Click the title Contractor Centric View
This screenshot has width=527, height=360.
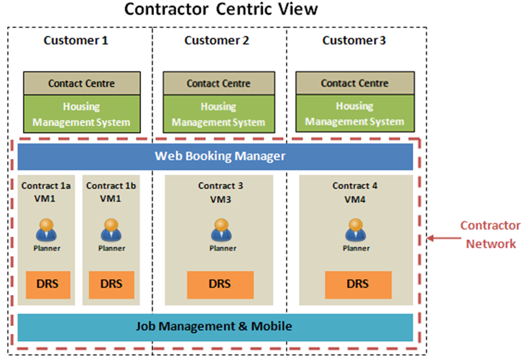pyautogui.click(x=220, y=10)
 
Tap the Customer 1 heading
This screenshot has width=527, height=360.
pyautogui.click(x=75, y=41)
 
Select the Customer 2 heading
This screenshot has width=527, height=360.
pyautogui.click(x=217, y=41)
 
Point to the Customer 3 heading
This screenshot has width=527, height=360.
pyautogui.click(x=354, y=41)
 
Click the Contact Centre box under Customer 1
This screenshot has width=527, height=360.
pyautogui.click(x=82, y=83)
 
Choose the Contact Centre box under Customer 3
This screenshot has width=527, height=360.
pyautogui.click(x=355, y=83)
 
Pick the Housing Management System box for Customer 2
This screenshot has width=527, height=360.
pyautogui.click(x=218, y=114)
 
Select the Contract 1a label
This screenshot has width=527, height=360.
pyautogui.click(x=46, y=186)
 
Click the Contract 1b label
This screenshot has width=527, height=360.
pyautogui.click(x=111, y=186)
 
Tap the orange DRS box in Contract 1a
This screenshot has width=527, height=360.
pyautogui.click(x=47, y=284)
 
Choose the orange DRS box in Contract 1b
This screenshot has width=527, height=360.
pyautogui.click(x=111, y=284)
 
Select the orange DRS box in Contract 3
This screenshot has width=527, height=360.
pyautogui.click(x=220, y=284)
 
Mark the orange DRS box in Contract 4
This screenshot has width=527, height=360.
pyautogui.click(x=357, y=284)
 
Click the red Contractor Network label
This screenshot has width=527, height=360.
pyautogui.click(x=489, y=235)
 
